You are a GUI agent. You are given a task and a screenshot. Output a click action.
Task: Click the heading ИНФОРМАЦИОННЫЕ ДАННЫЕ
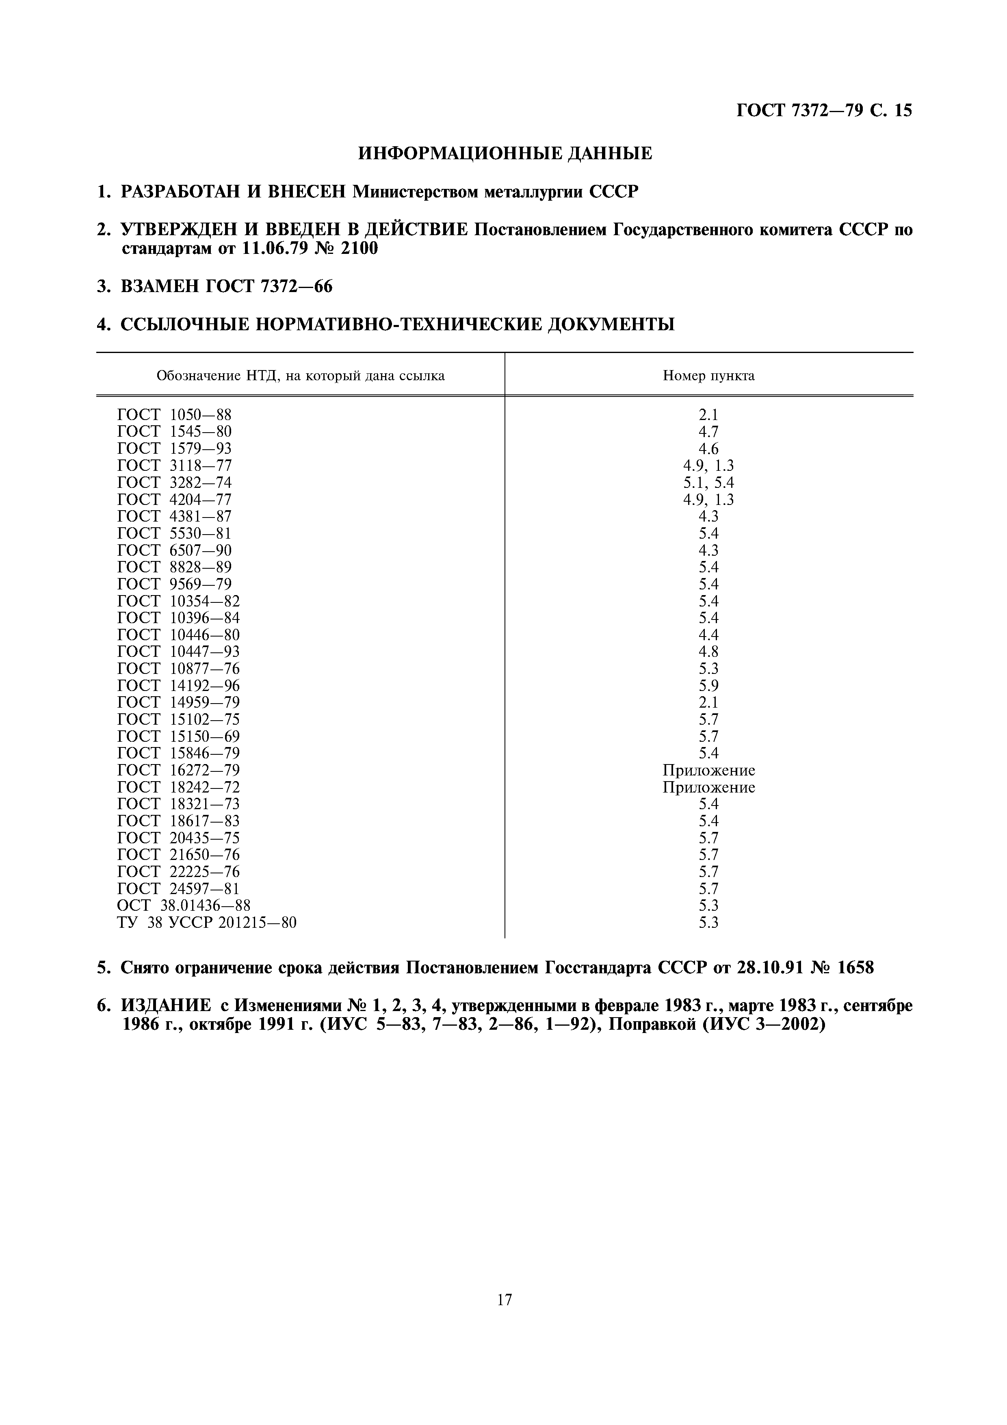[x=505, y=153]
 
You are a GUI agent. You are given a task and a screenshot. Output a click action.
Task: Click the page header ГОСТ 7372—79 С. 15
[x=824, y=110]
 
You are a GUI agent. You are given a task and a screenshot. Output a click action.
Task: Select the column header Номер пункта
[x=708, y=375]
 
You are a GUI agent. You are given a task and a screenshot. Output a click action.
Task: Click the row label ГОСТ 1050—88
[x=174, y=415]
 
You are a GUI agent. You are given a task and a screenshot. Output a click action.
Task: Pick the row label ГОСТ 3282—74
[x=174, y=482]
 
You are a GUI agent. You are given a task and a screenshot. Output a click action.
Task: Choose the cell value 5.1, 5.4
[x=708, y=482]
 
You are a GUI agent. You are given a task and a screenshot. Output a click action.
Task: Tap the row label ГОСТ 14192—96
[x=178, y=685]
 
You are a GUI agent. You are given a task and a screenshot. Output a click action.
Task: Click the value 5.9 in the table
[x=708, y=685]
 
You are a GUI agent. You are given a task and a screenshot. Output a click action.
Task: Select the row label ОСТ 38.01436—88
[x=184, y=905]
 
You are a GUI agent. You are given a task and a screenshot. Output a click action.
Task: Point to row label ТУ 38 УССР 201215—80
[x=207, y=922]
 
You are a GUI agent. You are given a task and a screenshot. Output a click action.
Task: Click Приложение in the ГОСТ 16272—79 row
[x=708, y=770]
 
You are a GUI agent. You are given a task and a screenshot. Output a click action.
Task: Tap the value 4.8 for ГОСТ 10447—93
[x=708, y=652]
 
